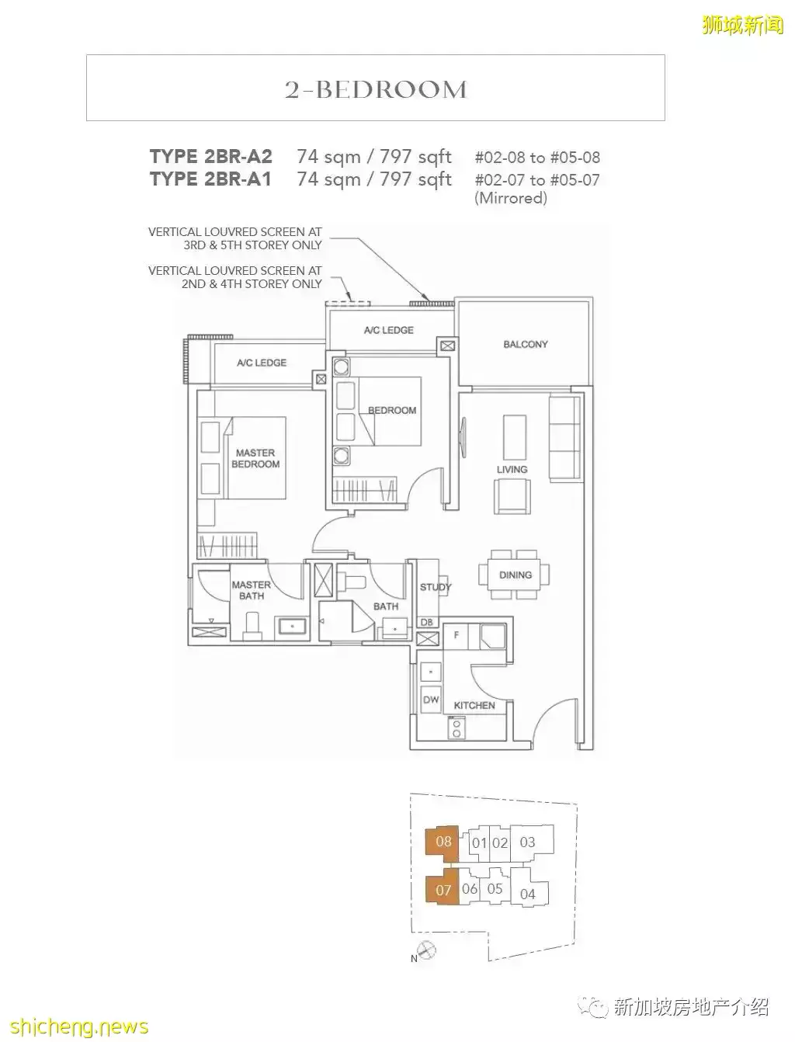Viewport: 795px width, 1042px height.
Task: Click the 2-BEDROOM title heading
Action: coord(376,89)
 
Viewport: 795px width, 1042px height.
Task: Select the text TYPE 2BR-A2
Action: coord(210,157)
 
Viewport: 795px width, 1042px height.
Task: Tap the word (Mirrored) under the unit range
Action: coord(511,198)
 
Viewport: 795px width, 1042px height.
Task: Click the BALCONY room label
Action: coord(525,344)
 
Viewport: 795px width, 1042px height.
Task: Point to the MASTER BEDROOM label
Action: coord(255,458)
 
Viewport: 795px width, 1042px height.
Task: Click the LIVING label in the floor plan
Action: coord(512,470)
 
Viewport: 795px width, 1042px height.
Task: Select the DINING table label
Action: coord(515,575)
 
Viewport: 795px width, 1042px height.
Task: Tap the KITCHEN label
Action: coord(474,705)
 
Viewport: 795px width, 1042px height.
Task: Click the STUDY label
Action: coord(435,587)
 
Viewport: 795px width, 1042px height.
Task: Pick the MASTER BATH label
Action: coord(251,590)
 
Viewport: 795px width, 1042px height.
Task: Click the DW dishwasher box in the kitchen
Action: coord(431,700)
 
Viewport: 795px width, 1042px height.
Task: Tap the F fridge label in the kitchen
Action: coord(455,634)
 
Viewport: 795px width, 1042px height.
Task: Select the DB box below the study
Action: coord(426,622)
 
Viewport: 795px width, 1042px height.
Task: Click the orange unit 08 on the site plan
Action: coord(443,842)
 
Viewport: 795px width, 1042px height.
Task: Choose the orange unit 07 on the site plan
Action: coord(443,890)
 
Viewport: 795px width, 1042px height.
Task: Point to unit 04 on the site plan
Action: coord(527,894)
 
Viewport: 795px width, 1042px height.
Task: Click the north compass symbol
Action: coord(426,949)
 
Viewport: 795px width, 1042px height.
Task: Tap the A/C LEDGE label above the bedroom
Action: coord(388,330)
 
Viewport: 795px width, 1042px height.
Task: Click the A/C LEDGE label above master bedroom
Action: coord(262,363)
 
